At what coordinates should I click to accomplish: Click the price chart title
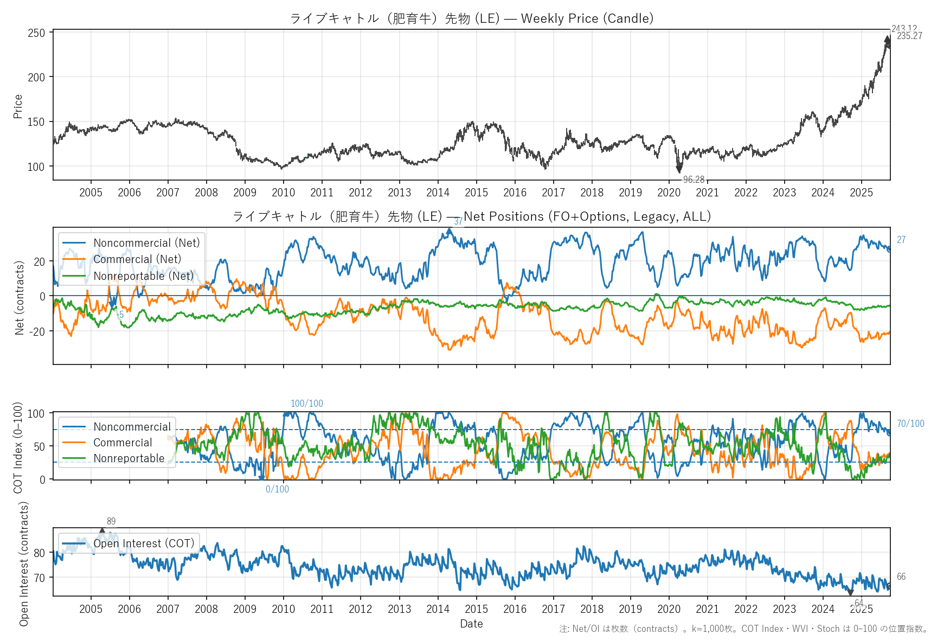(471, 18)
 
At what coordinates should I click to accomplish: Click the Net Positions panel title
(471, 216)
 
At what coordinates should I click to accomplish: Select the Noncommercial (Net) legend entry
(146, 243)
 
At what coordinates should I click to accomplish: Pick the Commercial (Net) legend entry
(137, 259)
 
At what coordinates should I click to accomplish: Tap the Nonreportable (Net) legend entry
(143, 276)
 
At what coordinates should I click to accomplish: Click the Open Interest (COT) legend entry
(144, 543)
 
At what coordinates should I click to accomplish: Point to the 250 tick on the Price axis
(36, 33)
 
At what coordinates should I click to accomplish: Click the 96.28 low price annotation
(694, 180)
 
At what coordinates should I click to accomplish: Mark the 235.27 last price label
(909, 36)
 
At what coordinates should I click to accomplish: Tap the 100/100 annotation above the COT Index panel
(307, 404)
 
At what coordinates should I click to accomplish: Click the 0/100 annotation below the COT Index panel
(277, 489)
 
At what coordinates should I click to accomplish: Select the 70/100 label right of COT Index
(910, 424)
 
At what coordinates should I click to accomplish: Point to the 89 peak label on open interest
(111, 521)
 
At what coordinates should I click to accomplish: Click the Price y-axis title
(18, 106)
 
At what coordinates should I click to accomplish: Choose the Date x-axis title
(471, 624)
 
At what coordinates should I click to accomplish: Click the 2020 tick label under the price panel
(669, 193)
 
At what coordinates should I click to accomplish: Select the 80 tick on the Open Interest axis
(40, 553)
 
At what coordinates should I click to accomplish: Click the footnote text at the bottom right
(743, 629)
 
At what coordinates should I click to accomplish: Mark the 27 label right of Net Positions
(901, 240)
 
